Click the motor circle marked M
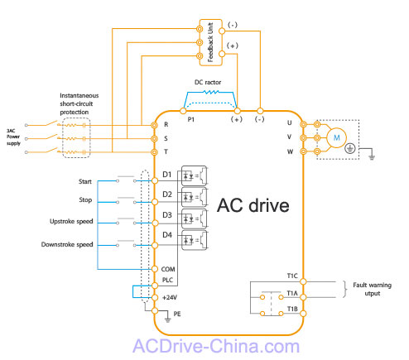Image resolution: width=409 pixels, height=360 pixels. [336, 137]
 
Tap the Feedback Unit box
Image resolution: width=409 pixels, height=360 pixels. [211, 42]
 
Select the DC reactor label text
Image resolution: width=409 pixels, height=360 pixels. [208, 82]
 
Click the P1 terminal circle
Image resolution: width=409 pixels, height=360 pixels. [183, 111]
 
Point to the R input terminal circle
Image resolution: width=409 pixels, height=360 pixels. [155, 125]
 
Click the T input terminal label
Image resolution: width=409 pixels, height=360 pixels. [166, 151]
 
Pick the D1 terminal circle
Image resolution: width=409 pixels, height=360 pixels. [155, 180]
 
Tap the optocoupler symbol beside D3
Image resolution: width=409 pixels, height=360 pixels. [194, 218]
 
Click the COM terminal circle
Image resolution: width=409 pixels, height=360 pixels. [155, 269]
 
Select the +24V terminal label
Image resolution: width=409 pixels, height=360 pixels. [170, 297]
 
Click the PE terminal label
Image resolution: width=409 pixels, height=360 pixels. [177, 314]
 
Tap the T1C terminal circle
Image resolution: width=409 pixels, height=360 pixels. [303, 281]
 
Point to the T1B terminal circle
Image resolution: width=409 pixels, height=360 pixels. [303, 314]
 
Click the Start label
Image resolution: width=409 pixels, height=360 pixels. [85, 181]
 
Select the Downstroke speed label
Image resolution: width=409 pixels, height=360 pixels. [67, 244]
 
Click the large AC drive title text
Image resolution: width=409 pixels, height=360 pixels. [253, 205]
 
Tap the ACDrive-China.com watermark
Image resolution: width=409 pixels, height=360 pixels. [216, 346]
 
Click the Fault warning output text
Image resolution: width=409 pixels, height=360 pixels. [373, 289]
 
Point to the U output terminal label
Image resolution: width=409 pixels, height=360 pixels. [289, 122]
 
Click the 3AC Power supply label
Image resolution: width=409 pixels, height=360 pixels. [13, 137]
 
